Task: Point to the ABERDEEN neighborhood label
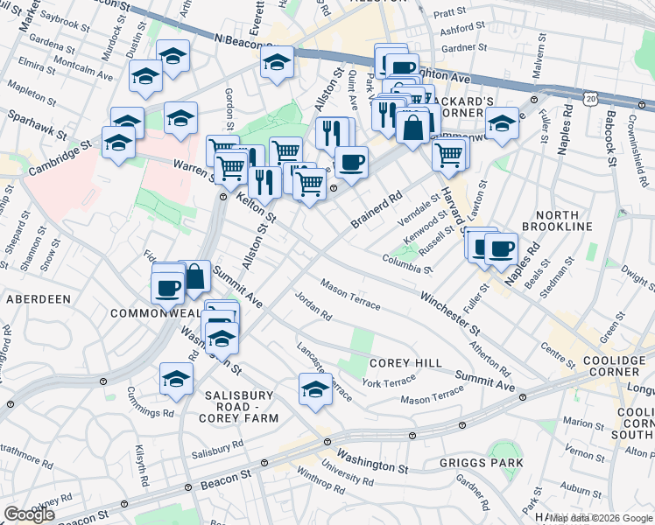(39, 299)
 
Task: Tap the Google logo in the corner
(29, 514)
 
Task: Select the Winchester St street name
(449, 315)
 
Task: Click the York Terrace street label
(389, 382)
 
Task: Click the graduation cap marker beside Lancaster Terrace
(316, 388)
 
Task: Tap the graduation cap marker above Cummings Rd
(176, 378)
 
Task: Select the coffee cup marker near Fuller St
(500, 248)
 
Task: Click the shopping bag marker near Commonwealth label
(195, 276)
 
